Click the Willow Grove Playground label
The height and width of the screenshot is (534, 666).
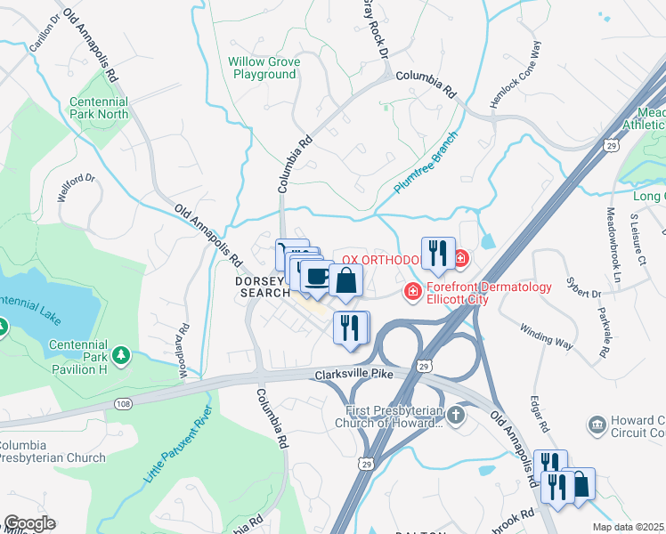click(264, 69)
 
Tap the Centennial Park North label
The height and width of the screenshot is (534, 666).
click(99, 108)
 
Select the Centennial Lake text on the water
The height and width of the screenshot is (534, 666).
click(36, 309)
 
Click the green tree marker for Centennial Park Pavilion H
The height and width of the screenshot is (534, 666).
click(121, 356)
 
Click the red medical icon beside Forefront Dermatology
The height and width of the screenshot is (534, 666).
click(412, 291)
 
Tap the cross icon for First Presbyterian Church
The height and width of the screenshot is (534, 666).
click(455, 416)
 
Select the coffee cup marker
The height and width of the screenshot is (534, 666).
click(316, 276)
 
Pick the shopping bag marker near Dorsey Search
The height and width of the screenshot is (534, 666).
click(346, 281)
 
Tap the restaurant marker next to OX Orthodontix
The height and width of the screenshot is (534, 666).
click(436, 254)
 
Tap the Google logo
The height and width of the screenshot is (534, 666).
click(28, 523)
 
